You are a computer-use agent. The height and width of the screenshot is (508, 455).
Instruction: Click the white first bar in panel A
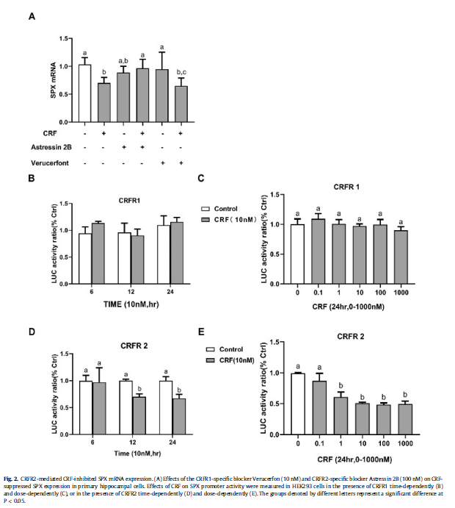(84, 93)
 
